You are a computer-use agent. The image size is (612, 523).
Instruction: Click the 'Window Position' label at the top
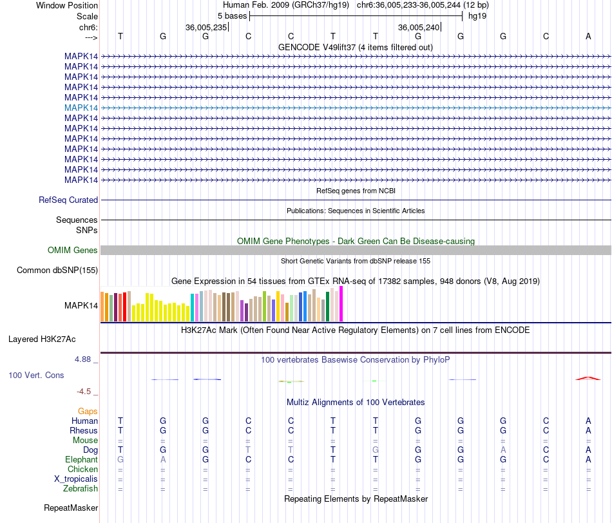coord(67,5)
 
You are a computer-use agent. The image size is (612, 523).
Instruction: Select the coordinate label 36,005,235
coord(206,27)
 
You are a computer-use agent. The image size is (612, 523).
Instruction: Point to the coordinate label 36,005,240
coord(419,27)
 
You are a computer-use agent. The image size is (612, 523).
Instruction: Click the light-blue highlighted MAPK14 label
coord(81,108)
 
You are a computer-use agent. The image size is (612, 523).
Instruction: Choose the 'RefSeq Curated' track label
coord(68,200)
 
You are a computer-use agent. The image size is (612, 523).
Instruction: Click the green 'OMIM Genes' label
coord(73,250)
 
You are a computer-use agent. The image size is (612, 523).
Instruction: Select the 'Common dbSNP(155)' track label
coord(57,270)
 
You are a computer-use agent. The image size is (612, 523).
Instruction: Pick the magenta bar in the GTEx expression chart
coord(341,303)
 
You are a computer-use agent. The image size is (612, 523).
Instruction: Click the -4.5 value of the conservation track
coord(87,391)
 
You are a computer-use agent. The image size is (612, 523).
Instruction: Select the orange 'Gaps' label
coord(88,411)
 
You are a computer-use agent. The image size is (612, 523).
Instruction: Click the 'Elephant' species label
coord(81,460)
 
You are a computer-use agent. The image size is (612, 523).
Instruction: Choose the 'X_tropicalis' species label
coord(76,479)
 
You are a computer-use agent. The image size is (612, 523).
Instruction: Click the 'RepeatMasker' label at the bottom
coord(71,508)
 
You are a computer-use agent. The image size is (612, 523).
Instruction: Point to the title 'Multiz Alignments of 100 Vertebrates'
coord(356,403)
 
